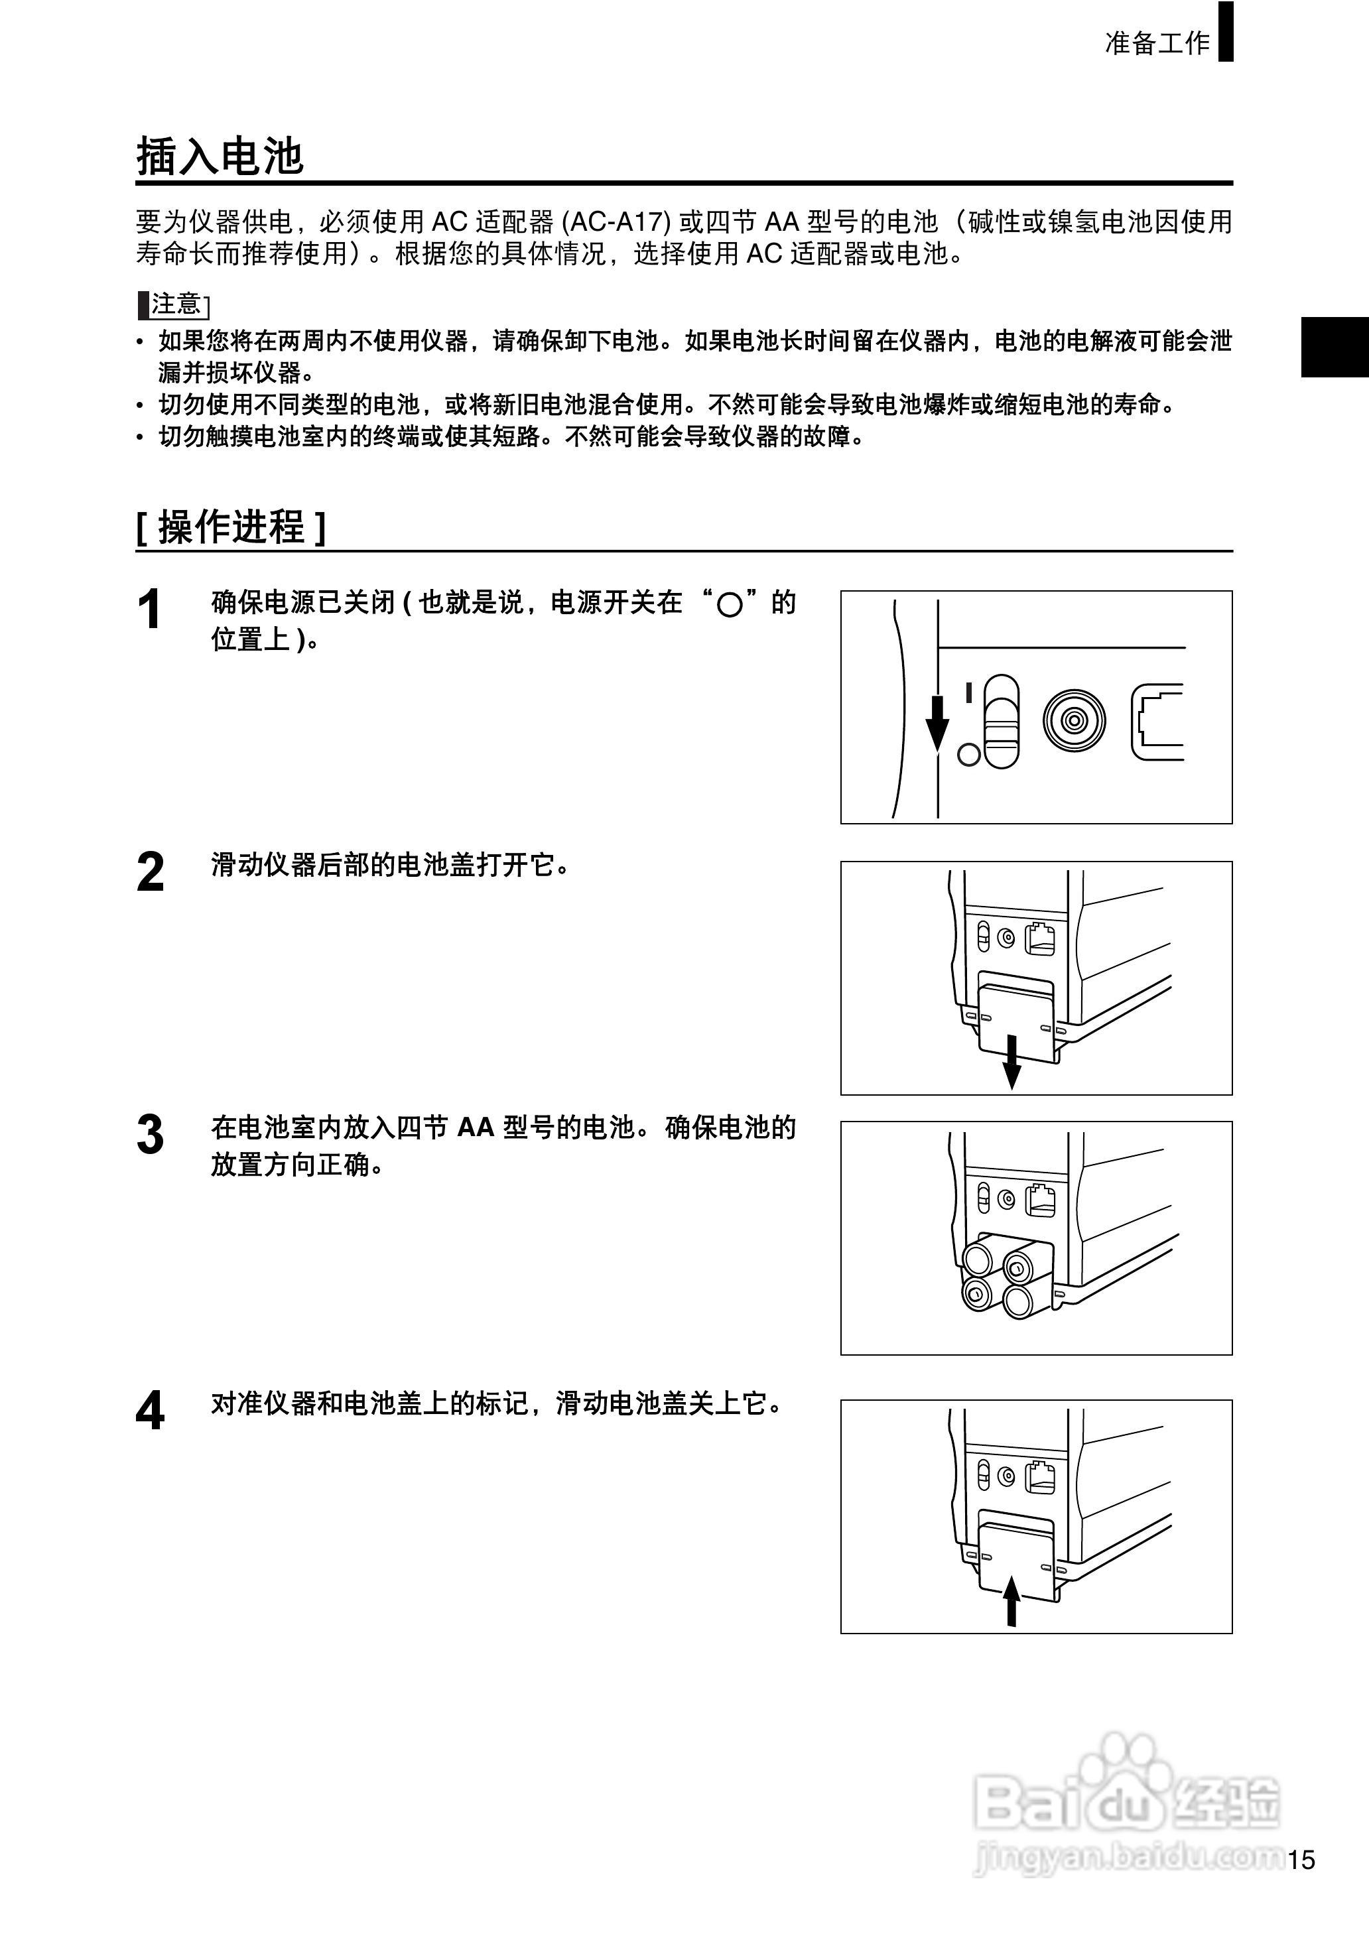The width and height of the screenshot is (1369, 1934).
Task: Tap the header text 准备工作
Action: [x=1157, y=42]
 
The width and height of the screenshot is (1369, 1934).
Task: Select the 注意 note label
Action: [x=175, y=304]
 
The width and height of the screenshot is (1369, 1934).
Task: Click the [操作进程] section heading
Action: [x=230, y=527]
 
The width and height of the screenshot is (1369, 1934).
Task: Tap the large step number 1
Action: [x=149, y=610]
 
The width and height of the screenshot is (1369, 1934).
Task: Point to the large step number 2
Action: [x=150, y=872]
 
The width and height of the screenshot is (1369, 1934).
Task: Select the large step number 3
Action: [x=150, y=1135]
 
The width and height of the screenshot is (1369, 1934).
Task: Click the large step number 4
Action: [x=150, y=1411]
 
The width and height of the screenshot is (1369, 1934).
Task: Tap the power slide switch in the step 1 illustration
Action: [x=1001, y=720]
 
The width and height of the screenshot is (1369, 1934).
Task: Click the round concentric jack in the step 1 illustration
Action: [x=1073, y=720]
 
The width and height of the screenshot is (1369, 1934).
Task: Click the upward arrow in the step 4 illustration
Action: [x=1011, y=1601]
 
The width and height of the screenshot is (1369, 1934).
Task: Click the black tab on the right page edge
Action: [x=1334, y=346]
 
